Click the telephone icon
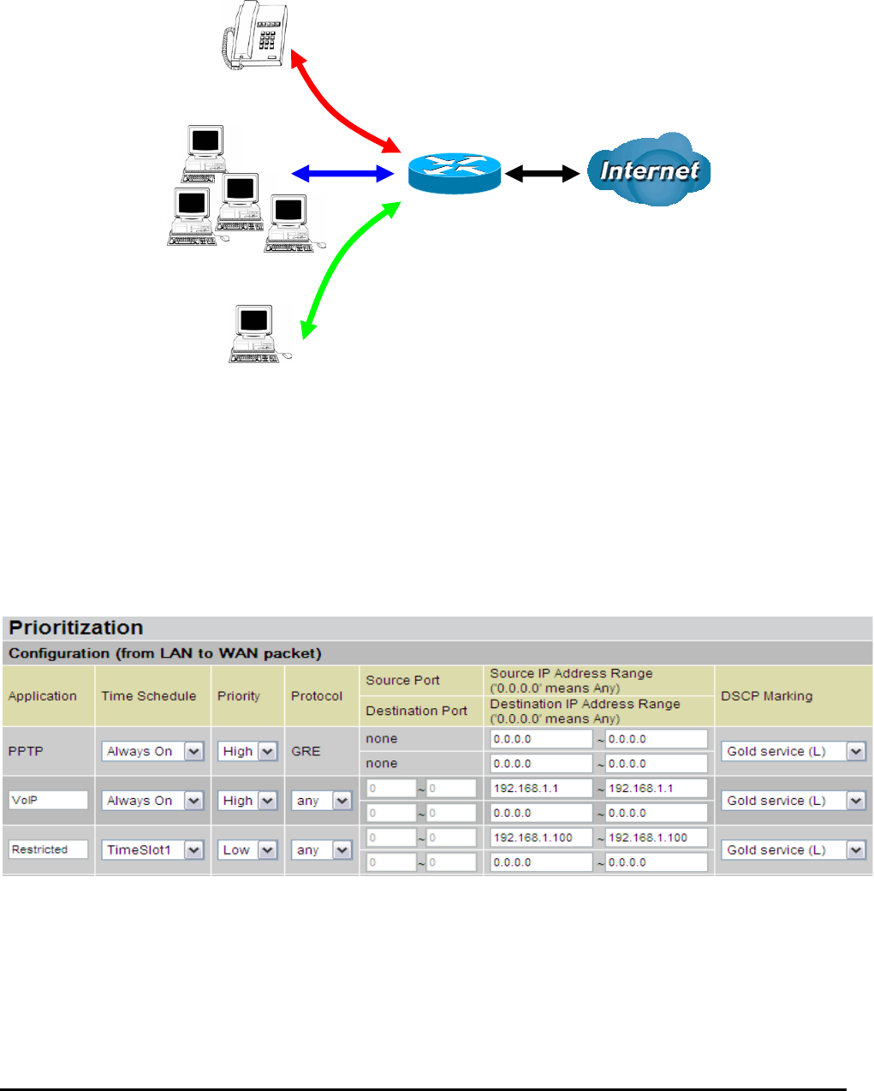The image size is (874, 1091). point(254,35)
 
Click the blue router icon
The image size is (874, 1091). point(454,173)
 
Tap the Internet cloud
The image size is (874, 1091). point(649,170)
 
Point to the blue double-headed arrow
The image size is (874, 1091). point(342,174)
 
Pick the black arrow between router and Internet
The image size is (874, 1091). point(542,174)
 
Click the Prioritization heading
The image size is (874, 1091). point(76,628)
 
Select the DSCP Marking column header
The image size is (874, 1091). point(766,696)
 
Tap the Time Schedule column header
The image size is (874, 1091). point(149,696)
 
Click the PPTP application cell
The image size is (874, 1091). point(26,751)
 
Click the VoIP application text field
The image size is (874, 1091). point(49,800)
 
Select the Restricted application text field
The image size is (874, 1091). point(49,850)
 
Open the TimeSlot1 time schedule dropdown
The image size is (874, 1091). point(152,850)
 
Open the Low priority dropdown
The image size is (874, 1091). point(247,850)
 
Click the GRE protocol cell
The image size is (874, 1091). point(306,751)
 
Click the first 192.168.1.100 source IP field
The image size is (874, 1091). point(541,838)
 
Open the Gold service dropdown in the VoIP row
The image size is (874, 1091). point(795,801)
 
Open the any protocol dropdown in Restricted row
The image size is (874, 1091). point(320,850)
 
